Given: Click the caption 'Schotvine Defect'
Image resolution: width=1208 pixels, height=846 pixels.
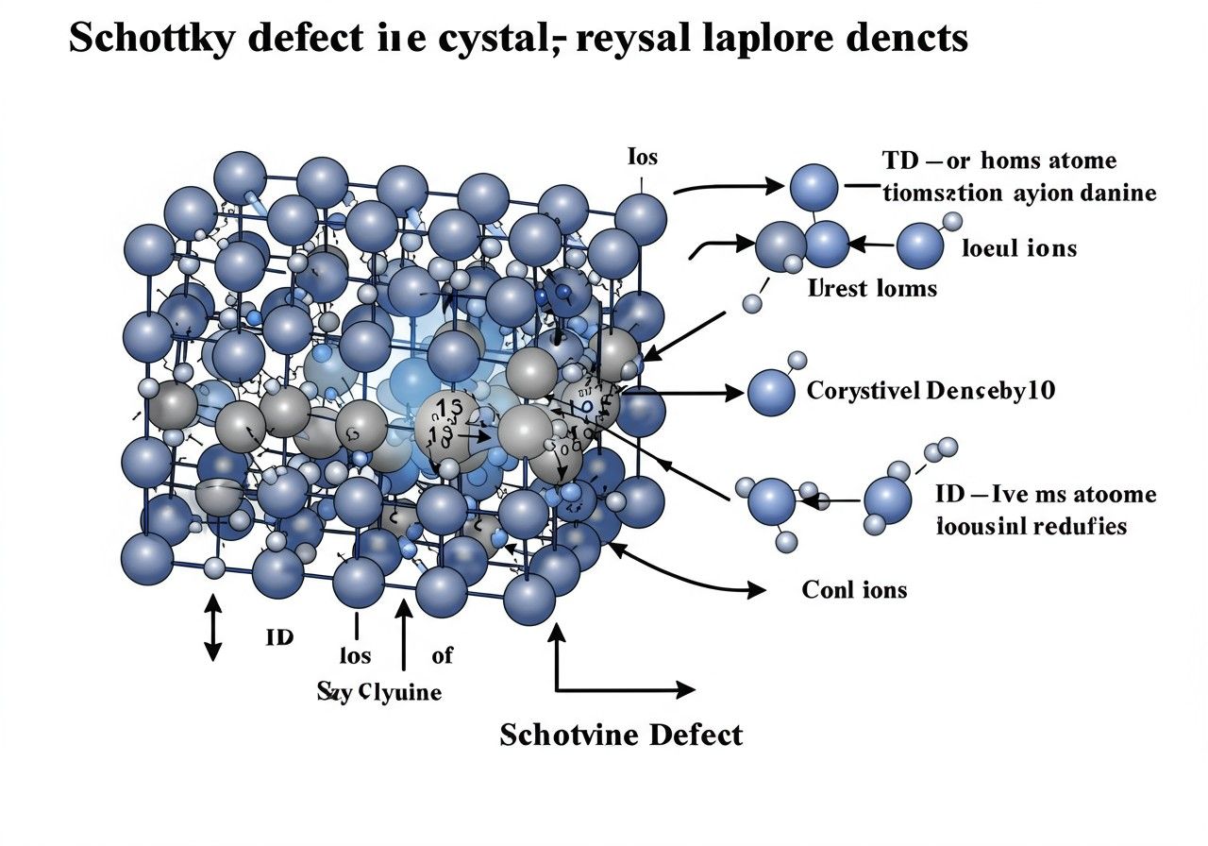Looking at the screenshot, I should pyautogui.click(x=620, y=734).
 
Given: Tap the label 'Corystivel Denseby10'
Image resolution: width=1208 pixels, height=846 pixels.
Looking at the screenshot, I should pyautogui.click(x=930, y=391).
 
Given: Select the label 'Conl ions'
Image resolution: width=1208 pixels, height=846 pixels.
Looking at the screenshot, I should pyautogui.click(x=854, y=590).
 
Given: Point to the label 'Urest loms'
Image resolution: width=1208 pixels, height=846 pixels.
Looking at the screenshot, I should pyautogui.click(x=873, y=288).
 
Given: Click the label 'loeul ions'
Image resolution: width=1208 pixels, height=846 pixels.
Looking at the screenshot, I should pyautogui.click(x=1018, y=248).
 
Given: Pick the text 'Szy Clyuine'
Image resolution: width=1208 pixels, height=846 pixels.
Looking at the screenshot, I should pyautogui.click(x=378, y=692).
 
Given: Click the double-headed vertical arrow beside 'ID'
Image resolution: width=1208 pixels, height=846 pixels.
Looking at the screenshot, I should pyautogui.click(x=212, y=626).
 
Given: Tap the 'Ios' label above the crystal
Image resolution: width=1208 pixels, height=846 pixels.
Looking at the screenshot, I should pyautogui.click(x=643, y=158).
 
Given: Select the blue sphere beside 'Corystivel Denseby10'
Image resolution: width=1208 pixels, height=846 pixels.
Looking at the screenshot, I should pyautogui.click(x=771, y=393).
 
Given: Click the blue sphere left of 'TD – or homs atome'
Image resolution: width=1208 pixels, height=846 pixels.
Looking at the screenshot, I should pyautogui.click(x=814, y=187).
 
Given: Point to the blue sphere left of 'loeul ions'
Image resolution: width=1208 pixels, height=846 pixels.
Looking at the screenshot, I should pyautogui.click(x=920, y=245).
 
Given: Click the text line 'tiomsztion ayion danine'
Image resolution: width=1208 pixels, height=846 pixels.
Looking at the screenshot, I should pyautogui.click(x=1018, y=194).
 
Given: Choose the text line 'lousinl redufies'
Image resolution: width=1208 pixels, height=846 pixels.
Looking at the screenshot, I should pyautogui.click(x=1031, y=526).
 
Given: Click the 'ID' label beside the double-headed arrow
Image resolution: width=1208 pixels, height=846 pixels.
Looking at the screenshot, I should pyautogui.click(x=279, y=637).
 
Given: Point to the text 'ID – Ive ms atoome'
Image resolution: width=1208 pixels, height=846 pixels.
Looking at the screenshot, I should pyautogui.click(x=1045, y=494).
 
